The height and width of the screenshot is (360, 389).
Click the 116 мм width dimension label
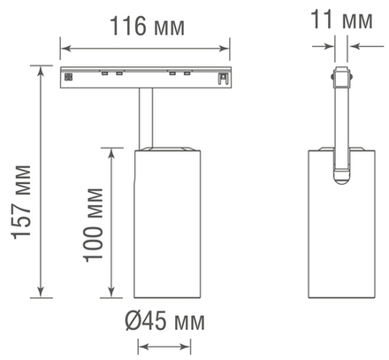148,27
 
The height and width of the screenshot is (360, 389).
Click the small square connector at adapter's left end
67,77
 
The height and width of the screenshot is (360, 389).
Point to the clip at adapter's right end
225,78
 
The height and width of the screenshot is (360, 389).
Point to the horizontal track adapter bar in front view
147,77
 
